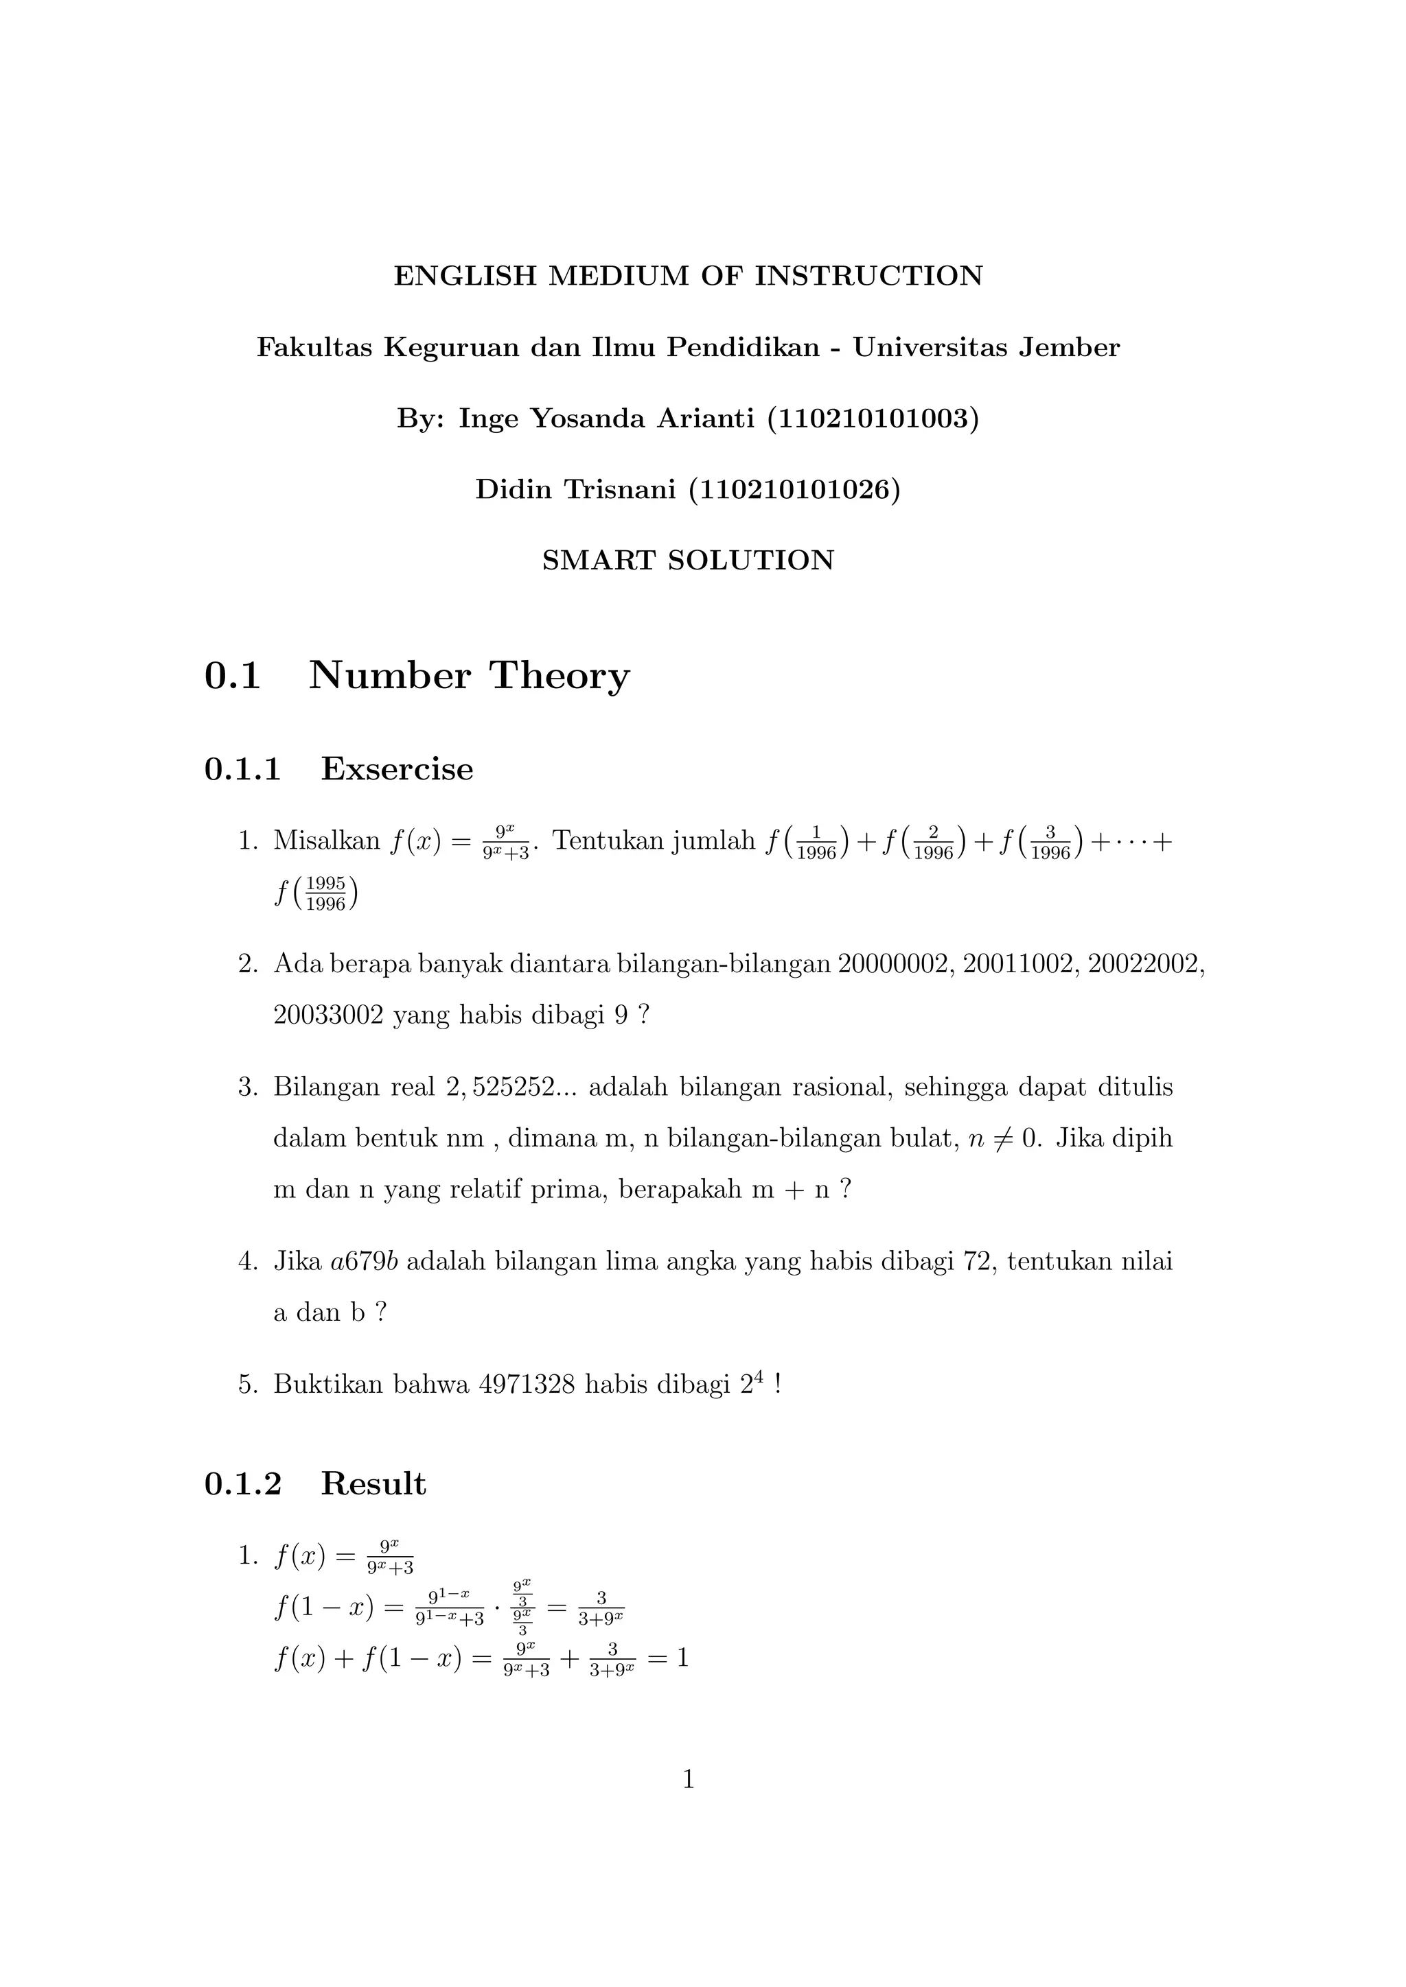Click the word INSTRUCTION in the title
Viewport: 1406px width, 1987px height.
[x=869, y=276]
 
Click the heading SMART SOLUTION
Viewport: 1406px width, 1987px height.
[x=689, y=561]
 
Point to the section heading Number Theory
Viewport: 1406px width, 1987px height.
[x=470, y=676]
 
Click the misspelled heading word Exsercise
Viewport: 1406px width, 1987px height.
[x=397, y=769]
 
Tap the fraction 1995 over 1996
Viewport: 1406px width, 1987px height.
[x=325, y=894]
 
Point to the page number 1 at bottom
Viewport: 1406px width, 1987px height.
[x=689, y=1779]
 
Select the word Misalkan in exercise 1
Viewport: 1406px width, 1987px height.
[x=326, y=841]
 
